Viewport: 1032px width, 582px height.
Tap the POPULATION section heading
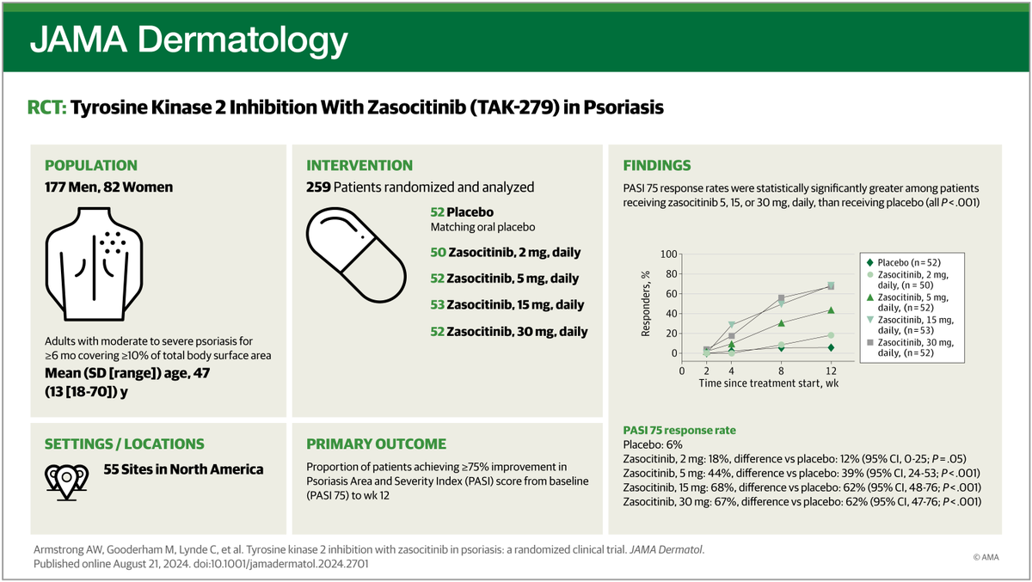[90, 165]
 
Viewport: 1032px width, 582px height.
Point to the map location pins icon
[66, 475]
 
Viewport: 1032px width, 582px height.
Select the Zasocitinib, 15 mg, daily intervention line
[507, 304]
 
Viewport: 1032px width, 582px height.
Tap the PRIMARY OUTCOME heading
[377, 444]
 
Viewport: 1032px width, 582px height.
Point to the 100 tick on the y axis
[666, 254]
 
